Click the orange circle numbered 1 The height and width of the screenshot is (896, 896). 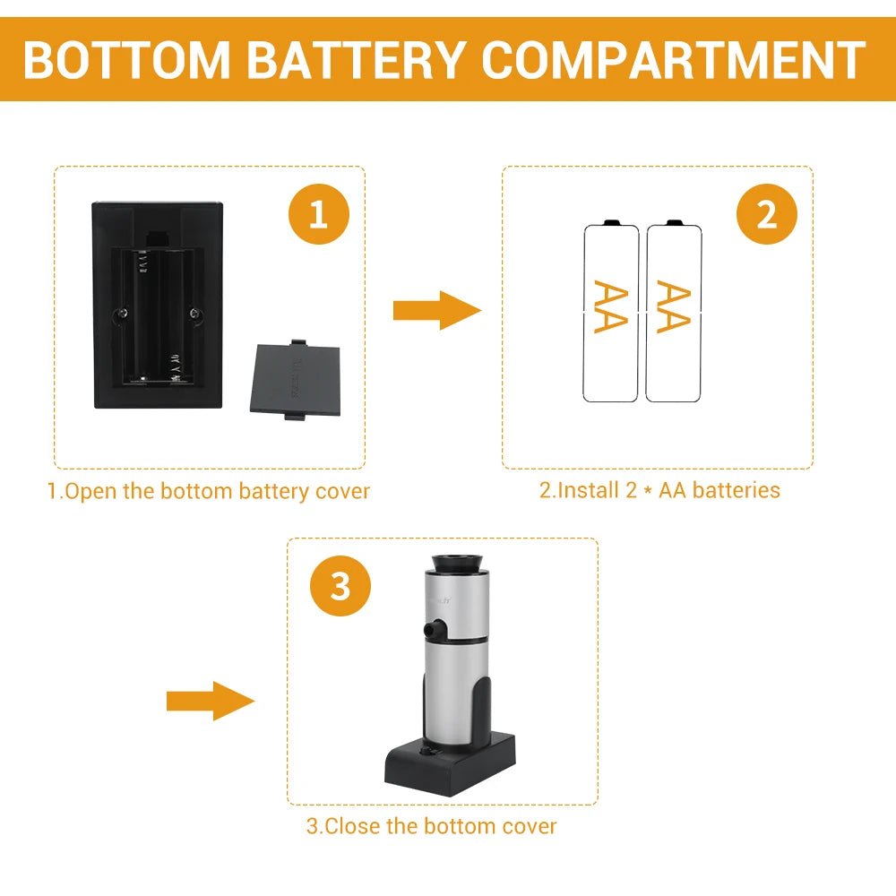click(x=318, y=216)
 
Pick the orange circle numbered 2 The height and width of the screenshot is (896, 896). click(x=766, y=216)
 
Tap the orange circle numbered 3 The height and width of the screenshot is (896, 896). click(x=340, y=588)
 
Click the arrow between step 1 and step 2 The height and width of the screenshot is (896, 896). click(x=436, y=311)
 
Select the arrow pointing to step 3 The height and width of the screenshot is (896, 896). click(x=211, y=700)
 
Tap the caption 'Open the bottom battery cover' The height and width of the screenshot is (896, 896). click(x=208, y=491)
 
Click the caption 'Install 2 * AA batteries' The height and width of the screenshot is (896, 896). click(x=659, y=490)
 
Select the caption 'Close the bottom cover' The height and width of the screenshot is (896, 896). click(x=431, y=825)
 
